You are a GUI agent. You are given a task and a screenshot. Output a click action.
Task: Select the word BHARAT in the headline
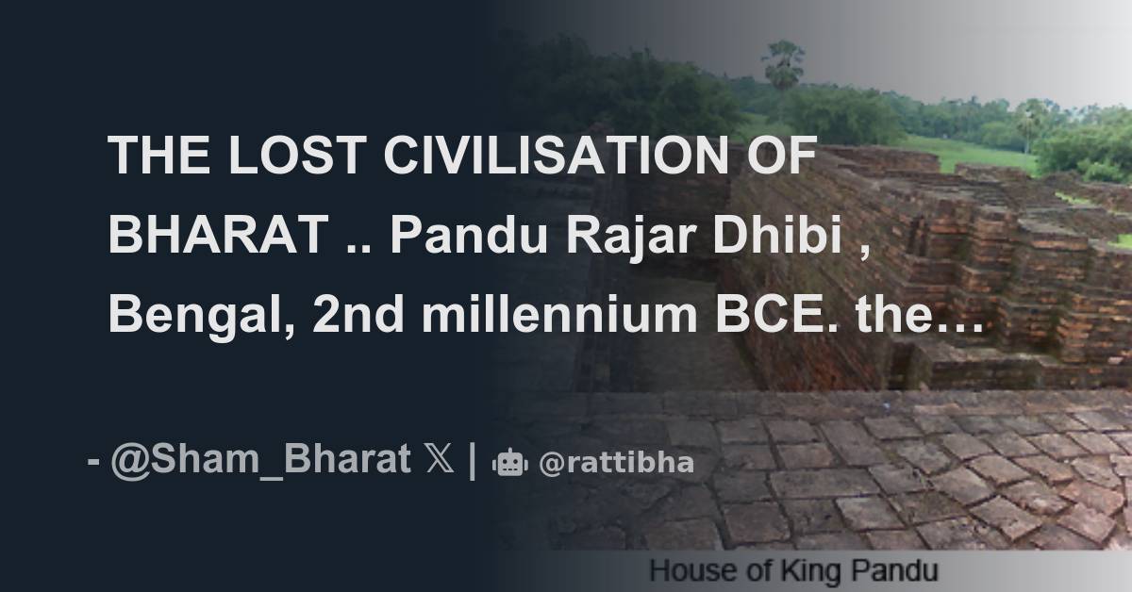(x=216, y=235)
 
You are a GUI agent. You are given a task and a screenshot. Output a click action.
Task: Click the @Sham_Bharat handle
(x=260, y=461)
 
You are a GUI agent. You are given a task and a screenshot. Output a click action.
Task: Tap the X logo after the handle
(x=440, y=461)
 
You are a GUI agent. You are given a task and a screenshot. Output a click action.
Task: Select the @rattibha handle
(x=616, y=463)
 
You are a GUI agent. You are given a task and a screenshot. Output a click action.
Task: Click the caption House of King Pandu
(x=793, y=571)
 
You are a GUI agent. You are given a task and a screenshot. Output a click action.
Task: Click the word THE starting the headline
(x=156, y=156)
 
